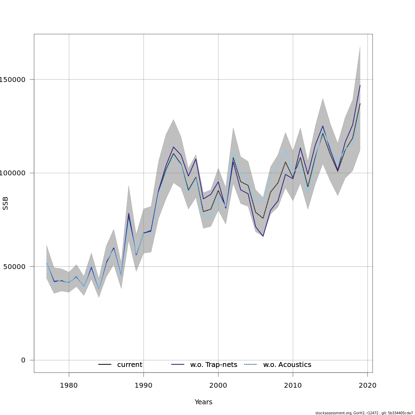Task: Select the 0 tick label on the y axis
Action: point(23,360)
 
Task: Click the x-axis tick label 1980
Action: point(69,386)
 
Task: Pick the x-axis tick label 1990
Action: point(144,386)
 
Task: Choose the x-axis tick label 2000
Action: point(218,386)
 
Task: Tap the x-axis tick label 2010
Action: point(293,386)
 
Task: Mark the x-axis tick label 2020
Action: point(368,386)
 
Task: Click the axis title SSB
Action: point(6,203)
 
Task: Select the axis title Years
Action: point(203,402)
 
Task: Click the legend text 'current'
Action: point(130,365)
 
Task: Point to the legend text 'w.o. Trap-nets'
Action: point(214,365)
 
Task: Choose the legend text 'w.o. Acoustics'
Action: point(287,365)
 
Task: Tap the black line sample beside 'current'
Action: point(105,365)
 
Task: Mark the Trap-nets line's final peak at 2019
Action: point(360,85)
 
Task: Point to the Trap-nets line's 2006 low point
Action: point(263,236)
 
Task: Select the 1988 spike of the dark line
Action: point(129,213)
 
